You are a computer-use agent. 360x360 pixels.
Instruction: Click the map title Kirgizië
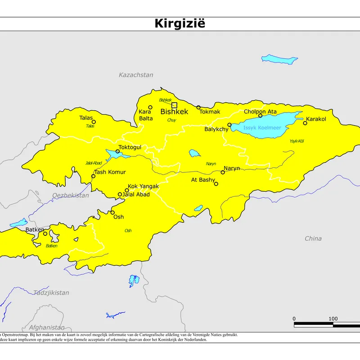click(x=180, y=23)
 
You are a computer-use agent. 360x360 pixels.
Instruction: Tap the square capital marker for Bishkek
click(x=174, y=105)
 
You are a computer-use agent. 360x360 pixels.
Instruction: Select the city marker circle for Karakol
click(x=305, y=123)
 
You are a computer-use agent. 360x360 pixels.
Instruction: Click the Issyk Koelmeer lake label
click(x=262, y=128)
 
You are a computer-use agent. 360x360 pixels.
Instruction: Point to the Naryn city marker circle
click(x=223, y=172)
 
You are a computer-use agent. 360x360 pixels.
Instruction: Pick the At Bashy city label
click(x=203, y=180)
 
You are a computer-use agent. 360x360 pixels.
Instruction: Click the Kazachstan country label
click(x=136, y=75)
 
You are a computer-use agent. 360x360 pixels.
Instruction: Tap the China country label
click(x=313, y=238)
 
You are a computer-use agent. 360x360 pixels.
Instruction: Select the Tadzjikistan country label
click(x=51, y=292)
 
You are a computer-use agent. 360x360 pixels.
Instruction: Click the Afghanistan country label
click(x=47, y=327)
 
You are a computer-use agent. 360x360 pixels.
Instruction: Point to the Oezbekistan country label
click(x=71, y=195)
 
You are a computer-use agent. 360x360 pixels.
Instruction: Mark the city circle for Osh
click(x=112, y=212)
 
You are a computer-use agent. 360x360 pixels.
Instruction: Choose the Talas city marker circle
click(x=94, y=121)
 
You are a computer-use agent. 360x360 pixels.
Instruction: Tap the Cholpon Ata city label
click(x=260, y=112)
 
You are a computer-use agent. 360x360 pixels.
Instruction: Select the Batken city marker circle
click(x=45, y=234)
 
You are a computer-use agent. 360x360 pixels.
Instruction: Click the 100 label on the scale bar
click(x=333, y=319)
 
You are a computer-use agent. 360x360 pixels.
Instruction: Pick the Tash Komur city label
click(x=110, y=172)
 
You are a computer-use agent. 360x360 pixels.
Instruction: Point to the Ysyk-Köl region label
click(x=297, y=141)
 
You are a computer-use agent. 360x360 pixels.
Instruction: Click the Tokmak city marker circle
click(x=198, y=107)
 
